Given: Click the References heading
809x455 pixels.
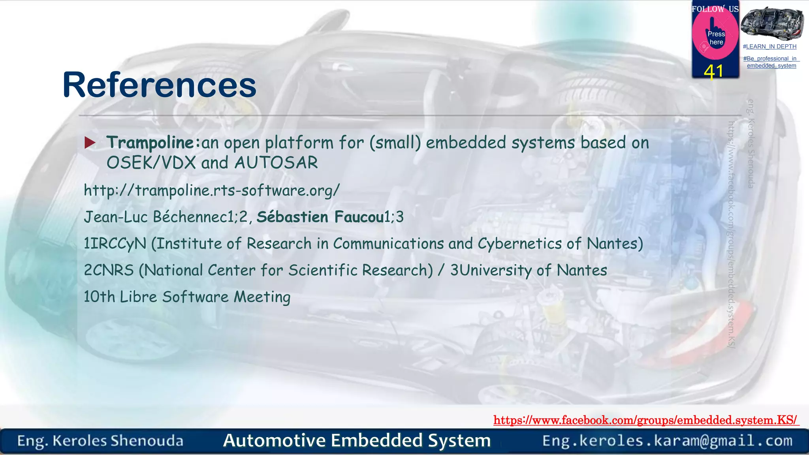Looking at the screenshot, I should [x=159, y=85].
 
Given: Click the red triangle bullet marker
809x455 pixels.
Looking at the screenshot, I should [x=90, y=143].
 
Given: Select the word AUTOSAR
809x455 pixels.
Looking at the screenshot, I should [x=276, y=163].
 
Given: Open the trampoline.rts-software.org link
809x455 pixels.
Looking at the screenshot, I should [x=211, y=191].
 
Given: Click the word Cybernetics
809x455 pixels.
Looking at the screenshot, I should [x=519, y=244].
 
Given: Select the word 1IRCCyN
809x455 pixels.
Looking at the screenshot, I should [x=115, y=244].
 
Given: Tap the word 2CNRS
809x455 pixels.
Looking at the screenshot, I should [x=109, y=271].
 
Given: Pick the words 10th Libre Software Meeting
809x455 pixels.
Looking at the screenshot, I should [x=187, y=297].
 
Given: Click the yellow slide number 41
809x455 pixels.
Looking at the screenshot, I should [x=713, y=72].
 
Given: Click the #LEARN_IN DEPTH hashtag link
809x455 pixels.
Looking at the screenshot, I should [x=769, y=47].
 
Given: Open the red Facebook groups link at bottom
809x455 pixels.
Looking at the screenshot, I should [x=646, y=420].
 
